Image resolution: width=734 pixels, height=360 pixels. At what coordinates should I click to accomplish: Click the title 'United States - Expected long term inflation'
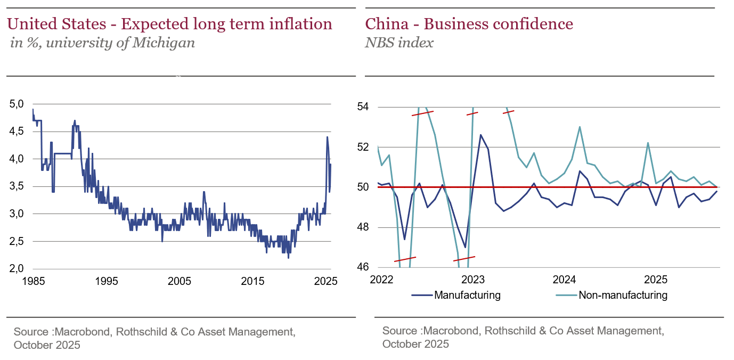(169, 24)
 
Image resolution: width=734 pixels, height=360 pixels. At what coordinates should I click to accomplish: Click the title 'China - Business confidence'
(469, 24)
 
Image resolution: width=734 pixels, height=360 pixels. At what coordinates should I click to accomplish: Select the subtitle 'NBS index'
(399, 43)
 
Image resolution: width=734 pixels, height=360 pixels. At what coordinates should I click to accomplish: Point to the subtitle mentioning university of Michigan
(102, 43)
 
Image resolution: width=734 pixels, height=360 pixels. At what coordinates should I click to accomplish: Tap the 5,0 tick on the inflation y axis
(17, 104)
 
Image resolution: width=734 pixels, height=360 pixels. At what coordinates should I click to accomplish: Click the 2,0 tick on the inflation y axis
(17, 268)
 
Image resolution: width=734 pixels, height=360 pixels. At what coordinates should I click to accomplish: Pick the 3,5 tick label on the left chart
(17, 186)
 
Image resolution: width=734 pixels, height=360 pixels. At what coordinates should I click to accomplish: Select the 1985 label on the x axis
(32, 281)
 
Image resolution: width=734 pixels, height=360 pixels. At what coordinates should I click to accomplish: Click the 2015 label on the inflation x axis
(254, 281)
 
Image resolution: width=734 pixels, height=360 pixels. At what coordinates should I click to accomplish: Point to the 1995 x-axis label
(106, 281)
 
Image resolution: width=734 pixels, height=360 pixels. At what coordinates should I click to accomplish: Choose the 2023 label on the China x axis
(472, 280)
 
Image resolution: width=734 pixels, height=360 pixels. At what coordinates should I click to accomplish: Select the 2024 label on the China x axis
(564, 280)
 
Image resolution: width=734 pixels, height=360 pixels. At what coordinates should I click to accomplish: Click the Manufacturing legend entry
(467, 295)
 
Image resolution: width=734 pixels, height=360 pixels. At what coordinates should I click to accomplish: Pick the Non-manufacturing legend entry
(623, 295)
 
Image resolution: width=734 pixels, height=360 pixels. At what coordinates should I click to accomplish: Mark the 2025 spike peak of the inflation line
(327, 137)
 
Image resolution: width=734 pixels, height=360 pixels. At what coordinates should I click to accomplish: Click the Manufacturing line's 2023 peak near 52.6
(480, 135)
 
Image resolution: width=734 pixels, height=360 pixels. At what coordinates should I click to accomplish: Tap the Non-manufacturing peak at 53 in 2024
(580, 127)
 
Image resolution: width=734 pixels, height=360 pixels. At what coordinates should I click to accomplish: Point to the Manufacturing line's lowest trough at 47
(465, 247)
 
